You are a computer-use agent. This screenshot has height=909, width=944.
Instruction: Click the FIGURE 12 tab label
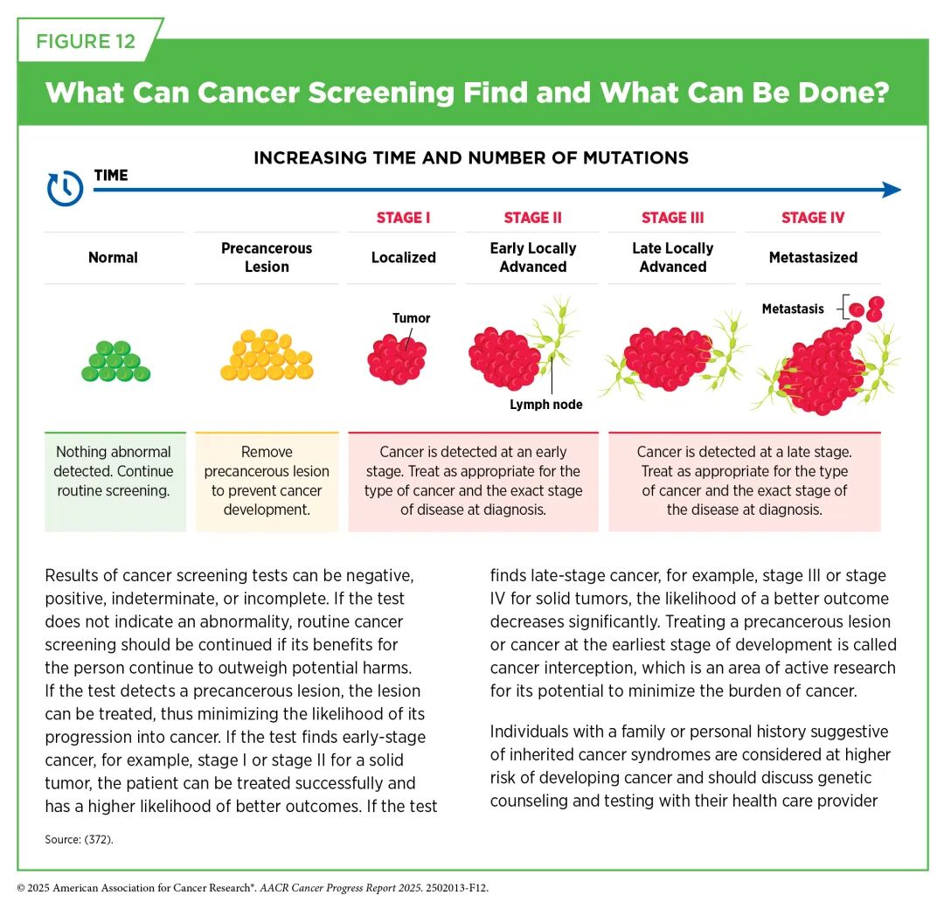coord(86,41)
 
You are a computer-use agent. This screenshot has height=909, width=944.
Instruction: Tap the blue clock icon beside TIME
coord(65,188)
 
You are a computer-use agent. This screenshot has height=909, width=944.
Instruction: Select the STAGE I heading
coord(403,218)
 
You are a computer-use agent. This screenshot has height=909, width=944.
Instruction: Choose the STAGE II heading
coord(533,218)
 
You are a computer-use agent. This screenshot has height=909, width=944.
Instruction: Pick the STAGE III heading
coord(672,218)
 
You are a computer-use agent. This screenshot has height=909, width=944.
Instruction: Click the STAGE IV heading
coord(813,218)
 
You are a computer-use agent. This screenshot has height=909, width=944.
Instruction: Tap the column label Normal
coord(113,258)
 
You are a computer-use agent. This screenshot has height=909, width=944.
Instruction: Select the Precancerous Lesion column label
coord(267,257)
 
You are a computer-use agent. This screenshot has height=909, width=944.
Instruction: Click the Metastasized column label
coord(814,258)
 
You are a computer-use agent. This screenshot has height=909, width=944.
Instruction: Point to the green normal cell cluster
coord(115,361)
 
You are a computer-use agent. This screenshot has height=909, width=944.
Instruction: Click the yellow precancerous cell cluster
coord(267,355)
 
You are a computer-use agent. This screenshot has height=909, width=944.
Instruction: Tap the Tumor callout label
coord(411,318)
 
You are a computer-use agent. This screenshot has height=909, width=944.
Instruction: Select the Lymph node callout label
coord(546,405)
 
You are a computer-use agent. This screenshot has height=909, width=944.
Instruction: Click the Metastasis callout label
coord(793,309)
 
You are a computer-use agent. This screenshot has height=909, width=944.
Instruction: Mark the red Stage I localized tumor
coord(397,359)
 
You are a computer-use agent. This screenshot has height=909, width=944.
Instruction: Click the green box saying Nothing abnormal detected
coord(115,482)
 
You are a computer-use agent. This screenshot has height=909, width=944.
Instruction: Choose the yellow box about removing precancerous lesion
coord(267,482)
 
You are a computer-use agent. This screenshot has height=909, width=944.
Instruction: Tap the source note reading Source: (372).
coord(79,839)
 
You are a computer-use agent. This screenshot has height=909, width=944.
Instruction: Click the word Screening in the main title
coord(380,93)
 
